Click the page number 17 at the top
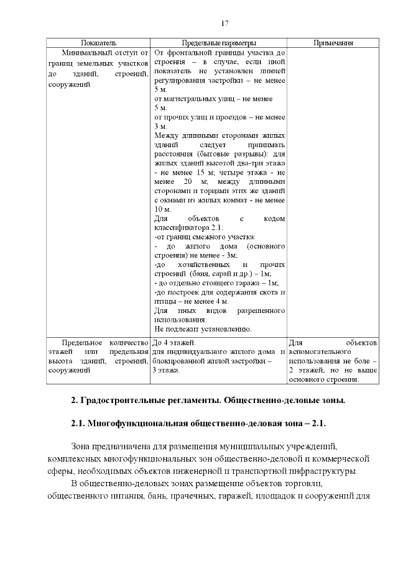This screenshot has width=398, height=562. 225,23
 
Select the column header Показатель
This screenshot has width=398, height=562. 98,43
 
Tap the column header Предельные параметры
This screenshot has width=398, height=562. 218,43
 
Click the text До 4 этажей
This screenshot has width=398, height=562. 174,342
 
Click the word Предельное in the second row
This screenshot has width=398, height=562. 80,342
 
